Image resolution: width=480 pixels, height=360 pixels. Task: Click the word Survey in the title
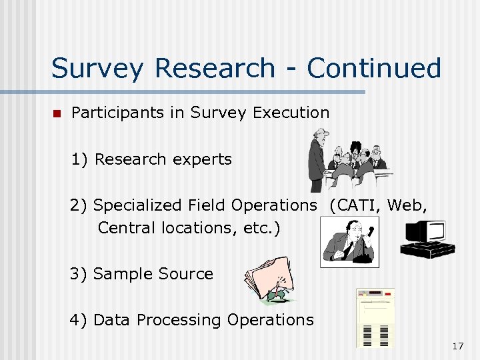point(96,69)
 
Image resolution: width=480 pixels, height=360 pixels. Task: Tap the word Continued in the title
point(374,68)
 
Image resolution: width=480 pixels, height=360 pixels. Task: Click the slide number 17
point(457,346)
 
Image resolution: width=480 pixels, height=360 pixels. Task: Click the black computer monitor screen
point(426,233)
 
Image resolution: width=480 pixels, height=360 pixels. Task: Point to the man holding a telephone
point(347,241)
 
